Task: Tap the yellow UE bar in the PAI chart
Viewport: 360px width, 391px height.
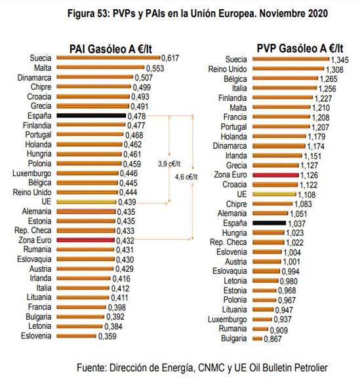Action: (x=86, y=202)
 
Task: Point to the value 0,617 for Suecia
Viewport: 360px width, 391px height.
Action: (x=171, y=58)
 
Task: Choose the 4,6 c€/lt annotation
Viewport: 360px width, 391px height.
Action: (x=189, y=177)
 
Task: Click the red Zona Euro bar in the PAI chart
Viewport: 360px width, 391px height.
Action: (x=85, y=241)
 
